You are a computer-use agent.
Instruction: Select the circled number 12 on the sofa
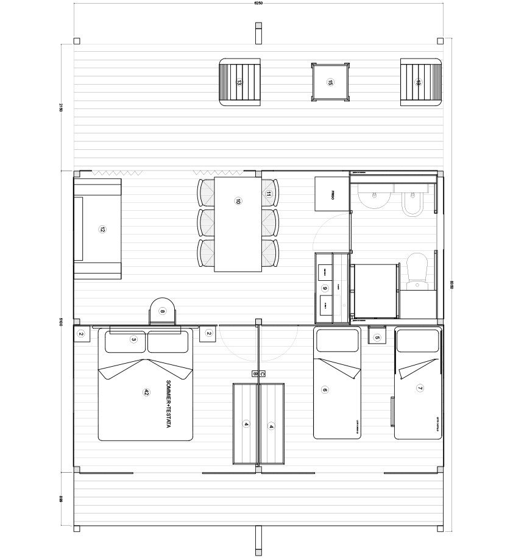[x=102, y=229]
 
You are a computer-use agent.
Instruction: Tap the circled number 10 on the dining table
[x=238, y=200]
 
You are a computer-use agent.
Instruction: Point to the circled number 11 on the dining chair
[x=269, y=194]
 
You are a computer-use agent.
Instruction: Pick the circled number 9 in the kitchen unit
[x=325, y=288]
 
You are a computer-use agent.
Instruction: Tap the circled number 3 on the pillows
[x=133, y=339]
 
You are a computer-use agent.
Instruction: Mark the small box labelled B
[x=255, y=373]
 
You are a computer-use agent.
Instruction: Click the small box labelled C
[x=261, y=373]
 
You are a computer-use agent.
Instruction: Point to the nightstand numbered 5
[x=377, y=337]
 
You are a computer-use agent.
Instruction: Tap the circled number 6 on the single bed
[x=325, y=390]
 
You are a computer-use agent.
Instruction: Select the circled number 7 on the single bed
[x=420, y=388]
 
